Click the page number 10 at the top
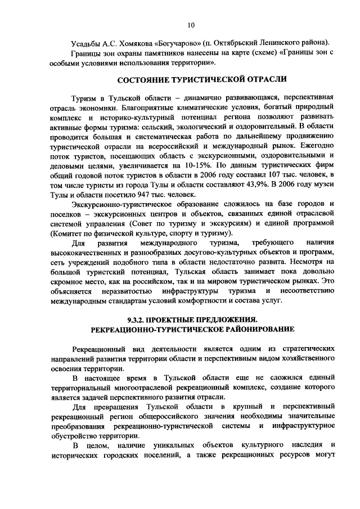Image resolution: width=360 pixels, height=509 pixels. coord(191,24)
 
